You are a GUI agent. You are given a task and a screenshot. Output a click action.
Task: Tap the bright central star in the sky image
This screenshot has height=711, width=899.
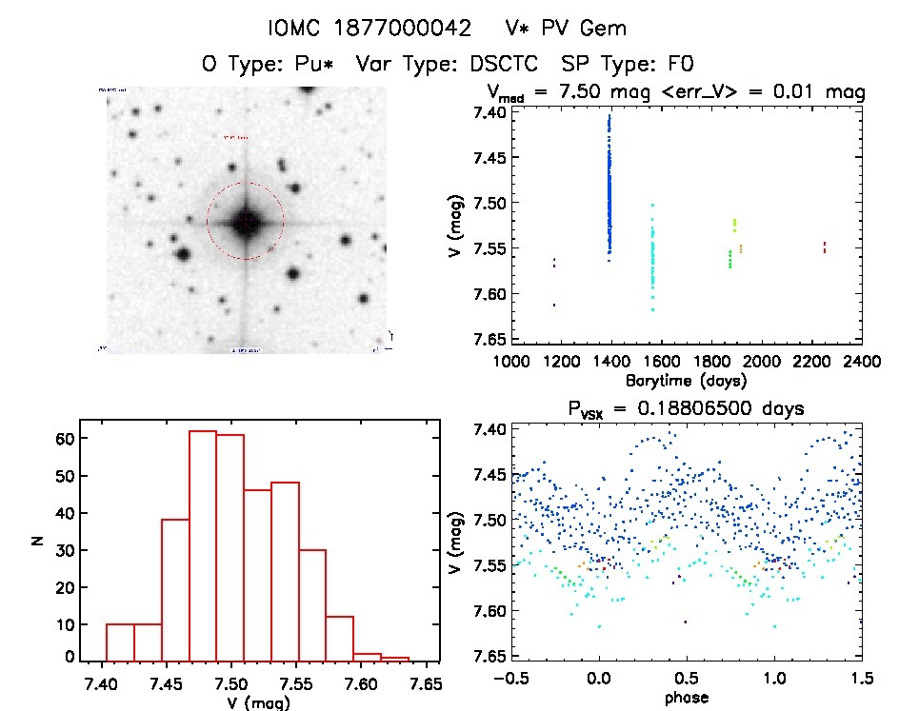coord(245,221)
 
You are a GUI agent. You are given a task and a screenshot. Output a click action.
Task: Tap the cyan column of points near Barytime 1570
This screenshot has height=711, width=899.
coord(652,257)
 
